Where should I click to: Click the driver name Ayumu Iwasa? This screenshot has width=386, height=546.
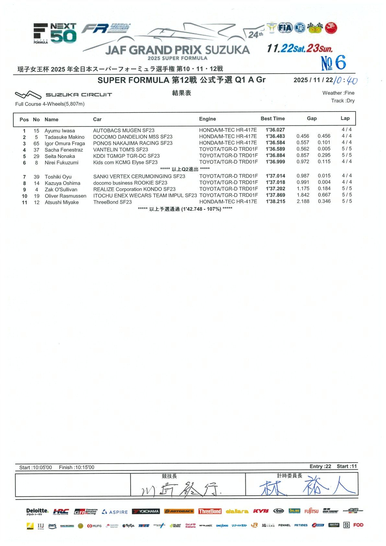60,131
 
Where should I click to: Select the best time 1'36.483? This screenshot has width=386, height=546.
275,136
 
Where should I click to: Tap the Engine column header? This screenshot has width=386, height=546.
207,119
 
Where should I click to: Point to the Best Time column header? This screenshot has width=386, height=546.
273,119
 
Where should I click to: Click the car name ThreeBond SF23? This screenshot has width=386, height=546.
112,202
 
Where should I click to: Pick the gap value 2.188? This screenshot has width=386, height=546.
303,201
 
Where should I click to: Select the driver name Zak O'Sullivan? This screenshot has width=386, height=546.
61,189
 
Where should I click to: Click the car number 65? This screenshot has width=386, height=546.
36,143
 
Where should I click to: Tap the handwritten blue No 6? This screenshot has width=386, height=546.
333,63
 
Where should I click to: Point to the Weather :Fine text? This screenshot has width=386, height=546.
338,93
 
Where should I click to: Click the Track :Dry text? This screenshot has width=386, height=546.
343,101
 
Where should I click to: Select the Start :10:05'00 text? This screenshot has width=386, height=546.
35,467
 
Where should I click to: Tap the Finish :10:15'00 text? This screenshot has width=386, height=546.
76,467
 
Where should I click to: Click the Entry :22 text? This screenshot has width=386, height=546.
320,466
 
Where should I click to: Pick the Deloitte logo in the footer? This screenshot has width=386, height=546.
37,511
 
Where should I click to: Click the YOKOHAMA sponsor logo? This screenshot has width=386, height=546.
146,511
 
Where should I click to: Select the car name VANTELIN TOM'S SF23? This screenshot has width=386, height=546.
121,149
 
